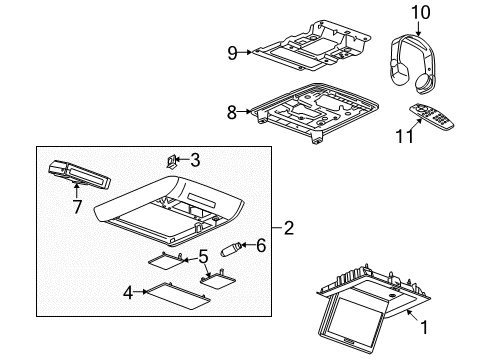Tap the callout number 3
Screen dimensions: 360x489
click(x=195, y=158)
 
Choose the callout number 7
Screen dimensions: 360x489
click(x=77, y=207)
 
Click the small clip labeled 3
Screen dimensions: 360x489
click(x=173, y=159)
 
